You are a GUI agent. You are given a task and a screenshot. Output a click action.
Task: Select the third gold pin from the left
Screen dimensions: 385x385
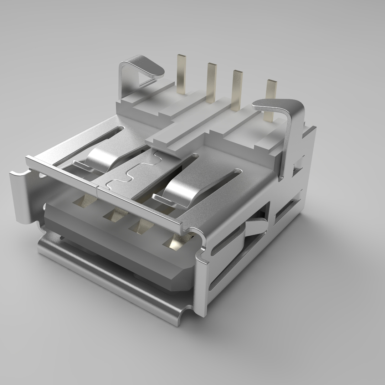click(237, 89)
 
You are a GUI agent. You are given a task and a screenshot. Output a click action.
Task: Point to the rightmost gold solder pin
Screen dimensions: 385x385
click(271, 96)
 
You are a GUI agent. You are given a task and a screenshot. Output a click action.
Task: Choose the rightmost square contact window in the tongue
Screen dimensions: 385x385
click(175, 242)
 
